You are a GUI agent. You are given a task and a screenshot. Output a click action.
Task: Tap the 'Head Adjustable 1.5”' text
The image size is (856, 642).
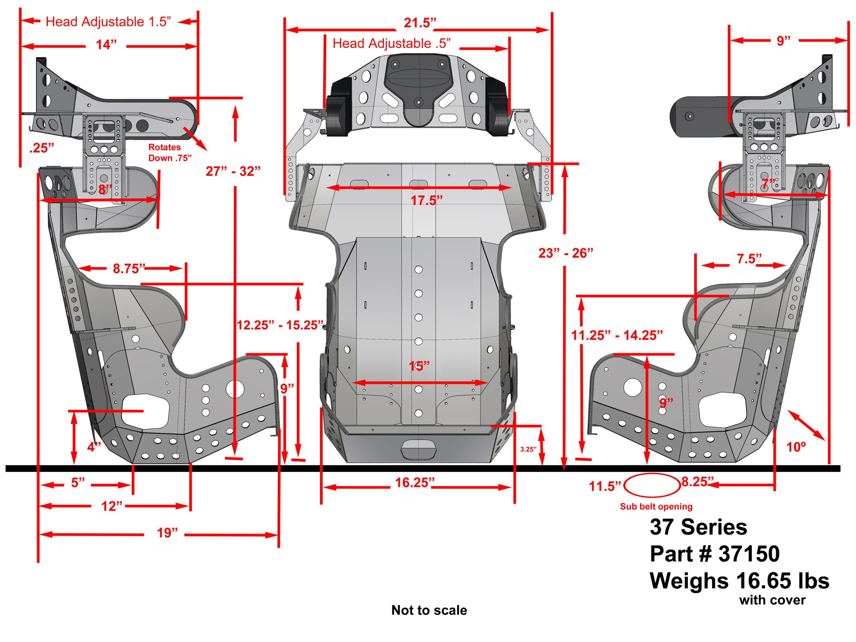[108, 22]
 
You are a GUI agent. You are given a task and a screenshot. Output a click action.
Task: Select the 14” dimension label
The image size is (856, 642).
[106, 45]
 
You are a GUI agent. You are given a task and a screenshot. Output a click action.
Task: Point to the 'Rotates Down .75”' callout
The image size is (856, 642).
[170, 152]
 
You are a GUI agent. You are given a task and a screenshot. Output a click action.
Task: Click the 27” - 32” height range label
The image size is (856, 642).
[233, 171]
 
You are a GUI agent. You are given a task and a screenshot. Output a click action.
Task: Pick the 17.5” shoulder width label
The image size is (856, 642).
[426, 200]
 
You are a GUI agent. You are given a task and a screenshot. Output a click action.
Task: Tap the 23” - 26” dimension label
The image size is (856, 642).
[565, 253]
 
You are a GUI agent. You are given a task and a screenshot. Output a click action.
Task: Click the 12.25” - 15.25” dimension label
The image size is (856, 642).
[280, 325]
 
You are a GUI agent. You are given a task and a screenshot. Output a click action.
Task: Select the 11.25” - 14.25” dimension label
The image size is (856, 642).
[617, 335]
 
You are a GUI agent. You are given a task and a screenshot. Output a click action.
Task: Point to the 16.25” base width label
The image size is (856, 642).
[414, 483]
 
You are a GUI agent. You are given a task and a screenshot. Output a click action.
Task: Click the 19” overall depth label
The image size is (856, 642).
[167, 533]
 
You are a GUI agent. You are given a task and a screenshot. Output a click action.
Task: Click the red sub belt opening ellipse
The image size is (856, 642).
[652, 485]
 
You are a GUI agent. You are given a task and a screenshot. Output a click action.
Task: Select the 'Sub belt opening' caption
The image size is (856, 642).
[656, 507]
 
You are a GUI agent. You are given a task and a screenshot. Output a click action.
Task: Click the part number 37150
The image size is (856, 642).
[749, 554]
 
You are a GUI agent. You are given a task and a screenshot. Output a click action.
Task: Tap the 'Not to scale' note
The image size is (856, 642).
[429, 610]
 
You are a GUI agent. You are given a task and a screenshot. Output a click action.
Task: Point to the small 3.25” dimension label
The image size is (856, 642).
[528, 449]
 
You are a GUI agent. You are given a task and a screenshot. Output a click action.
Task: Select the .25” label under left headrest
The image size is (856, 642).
[41, 148]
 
